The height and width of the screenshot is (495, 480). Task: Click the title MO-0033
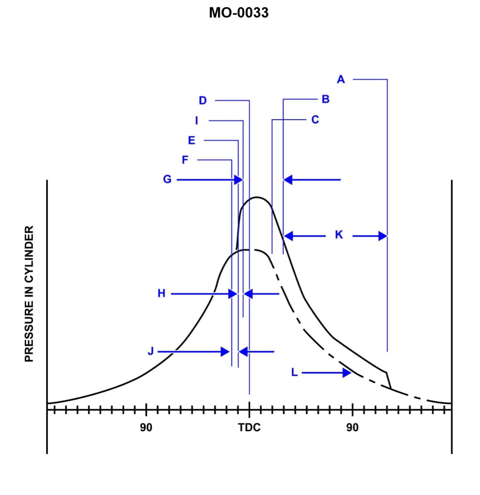pyautogui.click(x=239, y=13)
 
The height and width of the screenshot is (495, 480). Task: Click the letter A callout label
pyautogui.click(x=341, y=80)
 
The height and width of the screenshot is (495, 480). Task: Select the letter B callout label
pyautogui.click(x=325, y=99)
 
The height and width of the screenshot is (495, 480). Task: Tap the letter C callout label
pyautogui.click(x=315, y=120)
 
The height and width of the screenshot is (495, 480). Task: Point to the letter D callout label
pyautogui.click(x=202, y=100)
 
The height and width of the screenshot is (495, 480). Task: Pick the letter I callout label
pyautogui.click(x=196, y=120)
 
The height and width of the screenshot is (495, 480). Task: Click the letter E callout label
pyautogui.click(x=192, y=141)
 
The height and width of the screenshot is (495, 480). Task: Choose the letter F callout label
pyautogui.click(x=185, y=160)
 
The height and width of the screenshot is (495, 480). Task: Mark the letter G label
pyautogui.click(x=167, y=179)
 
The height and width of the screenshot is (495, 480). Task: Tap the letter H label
pyautogui.click(x=161, y=294)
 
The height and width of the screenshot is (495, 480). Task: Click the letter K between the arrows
pyautogui.click(x=339, y=235)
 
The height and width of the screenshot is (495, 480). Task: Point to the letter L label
pyautogui.click(x=294, y=373)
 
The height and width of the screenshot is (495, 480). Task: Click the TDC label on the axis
pyautogui.click(x=249, y=427)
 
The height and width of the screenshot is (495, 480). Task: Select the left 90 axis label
pyautogui.click(x=146, y=427)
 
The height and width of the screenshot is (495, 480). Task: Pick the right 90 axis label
pyautogui.click(x=352, y=427)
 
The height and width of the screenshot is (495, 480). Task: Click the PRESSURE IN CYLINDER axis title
pyautogui.click(x=29, y=294)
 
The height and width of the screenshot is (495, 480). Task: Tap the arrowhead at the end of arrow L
pyautogui.click(x=347, y=373)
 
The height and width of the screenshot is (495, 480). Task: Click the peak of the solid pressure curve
pyautogui.click(x=256, y=197)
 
